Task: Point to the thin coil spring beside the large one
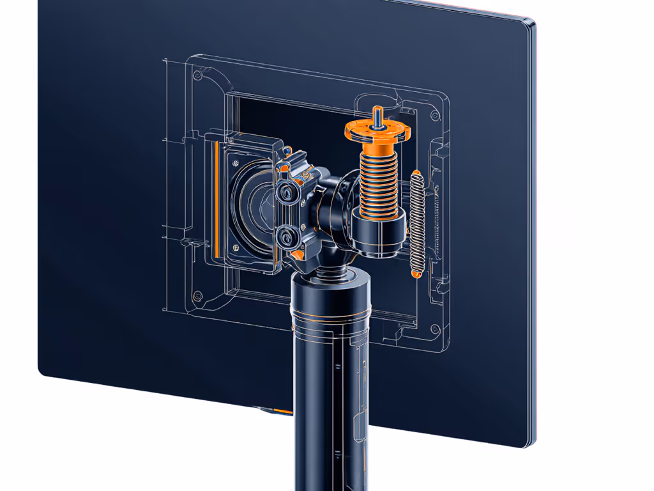coord(417,221)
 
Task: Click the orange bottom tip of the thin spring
coord(416,274)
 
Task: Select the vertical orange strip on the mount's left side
coord(217,205)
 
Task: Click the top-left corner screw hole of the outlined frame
coord(197,75)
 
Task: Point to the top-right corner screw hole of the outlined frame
coord(434,115)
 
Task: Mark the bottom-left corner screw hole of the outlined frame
coord(197,295)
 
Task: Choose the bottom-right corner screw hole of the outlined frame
coord(434,330)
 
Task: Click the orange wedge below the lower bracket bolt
coord(298,255)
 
